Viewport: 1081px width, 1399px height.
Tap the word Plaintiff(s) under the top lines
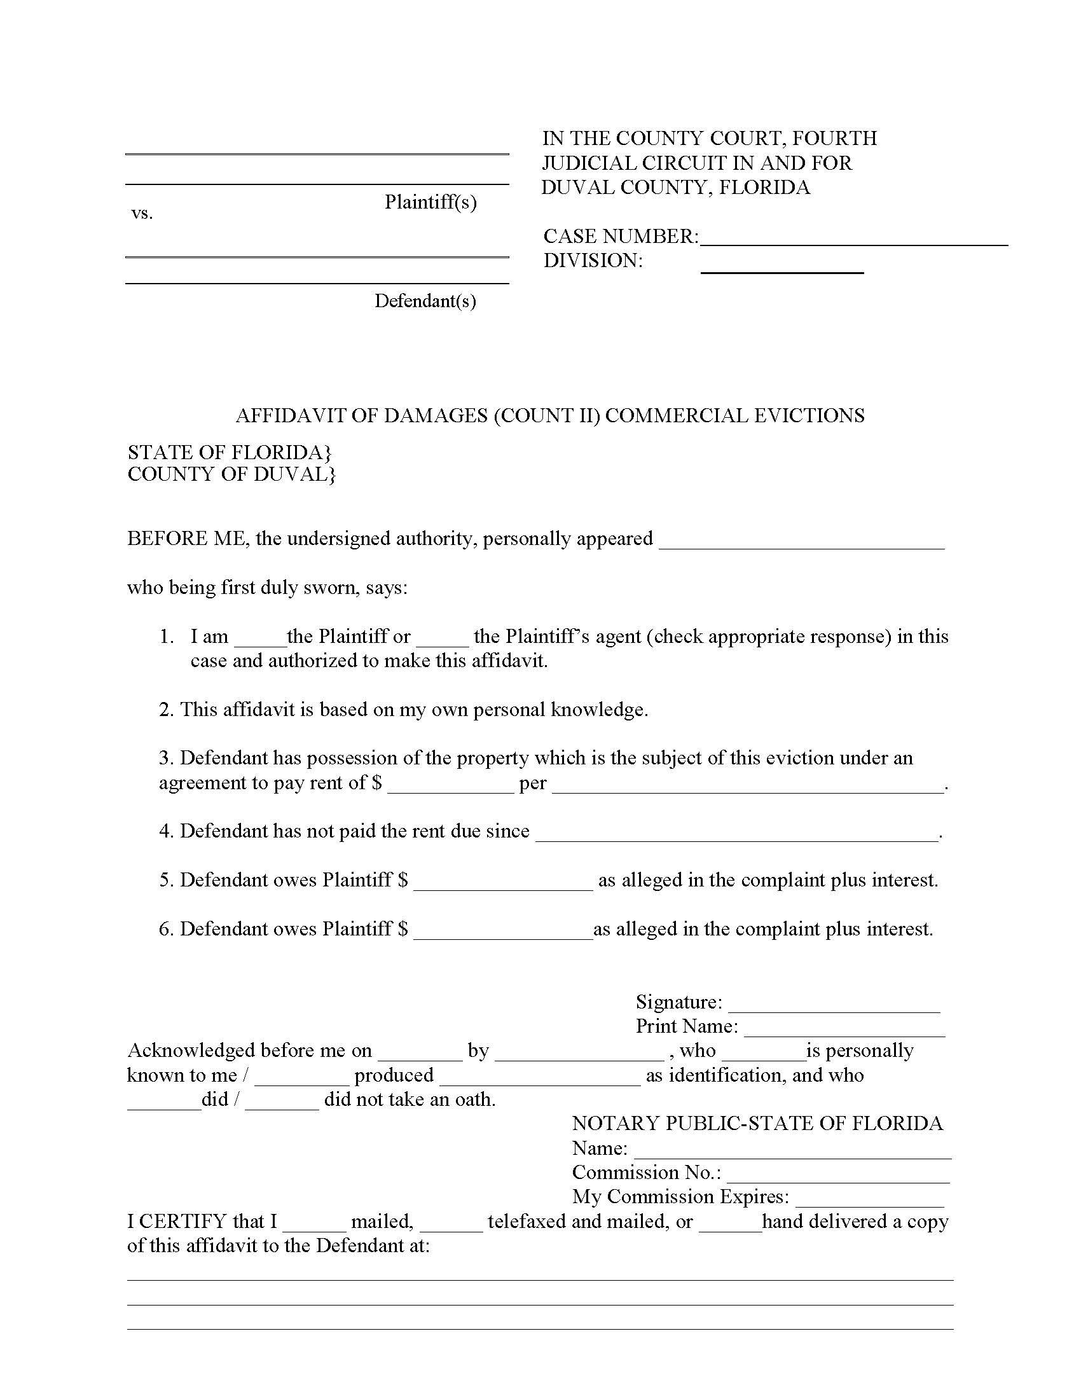tap(430, 202)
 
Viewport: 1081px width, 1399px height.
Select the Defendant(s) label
tap(425, 301)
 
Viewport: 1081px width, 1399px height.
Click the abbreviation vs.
tap(142, 214)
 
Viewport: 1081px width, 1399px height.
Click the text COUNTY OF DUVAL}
tap(231, 474)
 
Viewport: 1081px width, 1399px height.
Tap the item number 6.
tap(165, 930)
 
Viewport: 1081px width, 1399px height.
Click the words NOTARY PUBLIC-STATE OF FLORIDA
tap(757, 1124)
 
